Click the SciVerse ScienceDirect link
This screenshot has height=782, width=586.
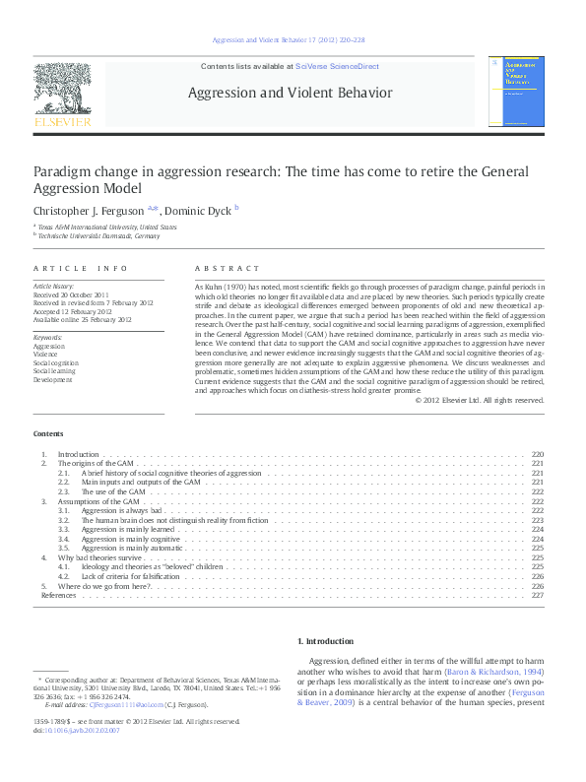tap(338, 68)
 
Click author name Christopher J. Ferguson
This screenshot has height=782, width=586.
tap(89, 210)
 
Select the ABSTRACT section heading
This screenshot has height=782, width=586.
tap(228, 268)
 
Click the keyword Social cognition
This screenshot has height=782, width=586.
tap(54, 363)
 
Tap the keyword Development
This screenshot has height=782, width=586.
tap(52, 379)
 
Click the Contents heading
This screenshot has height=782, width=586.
tap(48, 433)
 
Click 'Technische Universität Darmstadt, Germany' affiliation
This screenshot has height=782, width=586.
tap(98, 235)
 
